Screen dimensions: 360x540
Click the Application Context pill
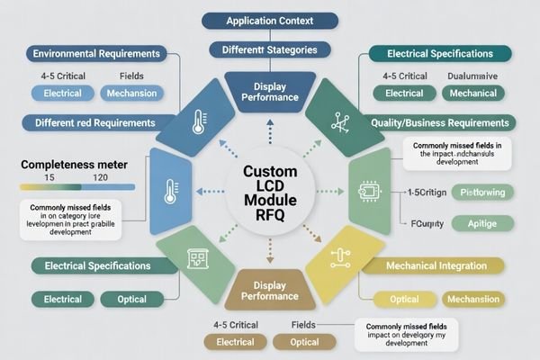click(x=270, y=20)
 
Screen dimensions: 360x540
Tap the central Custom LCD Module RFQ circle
click(x=270, y=189)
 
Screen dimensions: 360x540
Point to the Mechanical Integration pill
click(x=436, y=265)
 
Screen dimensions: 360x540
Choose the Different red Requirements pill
click(x=94, y=122)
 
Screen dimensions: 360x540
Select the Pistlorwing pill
click(x=481, y=192)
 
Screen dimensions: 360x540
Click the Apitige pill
click(x=481, y=223)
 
